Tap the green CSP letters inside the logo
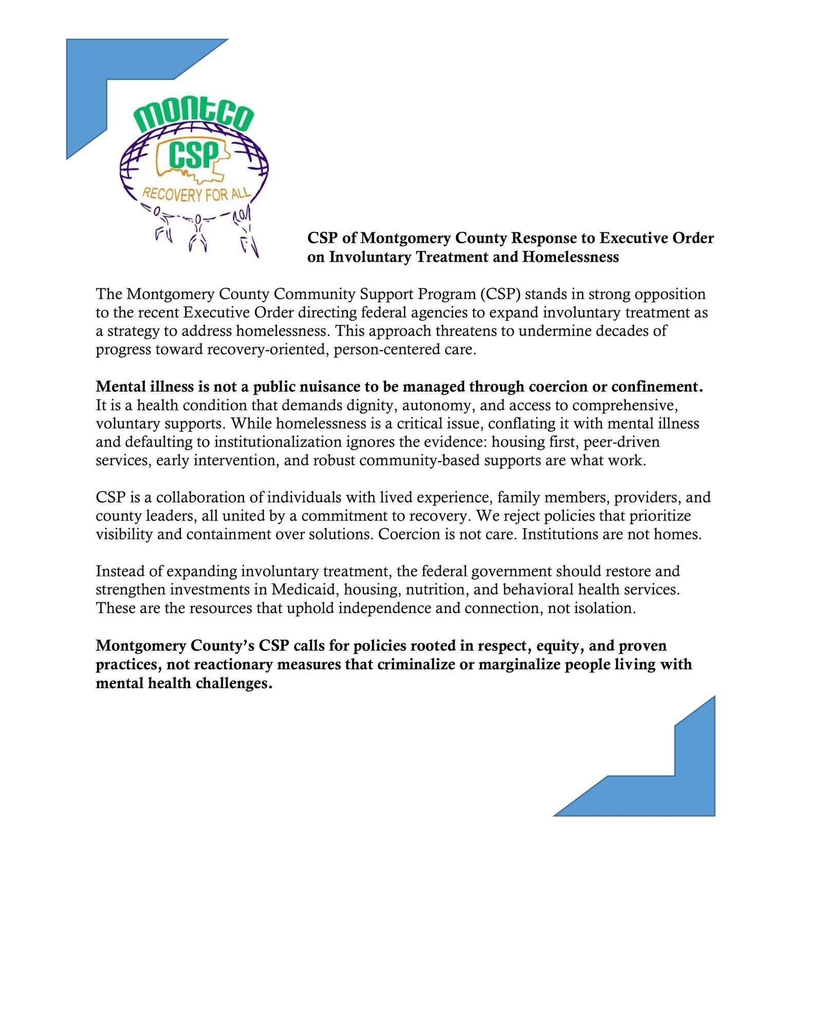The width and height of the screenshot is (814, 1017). [193, 155]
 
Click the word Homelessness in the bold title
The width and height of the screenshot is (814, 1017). [570, 257]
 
